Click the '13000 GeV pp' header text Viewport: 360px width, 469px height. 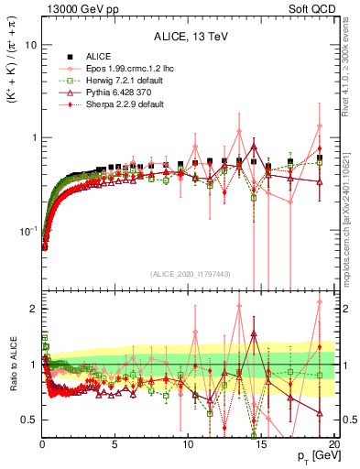coord(74,9)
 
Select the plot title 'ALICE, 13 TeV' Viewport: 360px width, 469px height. coord(188,38)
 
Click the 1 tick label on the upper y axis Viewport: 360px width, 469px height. coord(33,137)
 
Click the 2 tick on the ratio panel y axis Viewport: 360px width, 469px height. coord(33,309)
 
